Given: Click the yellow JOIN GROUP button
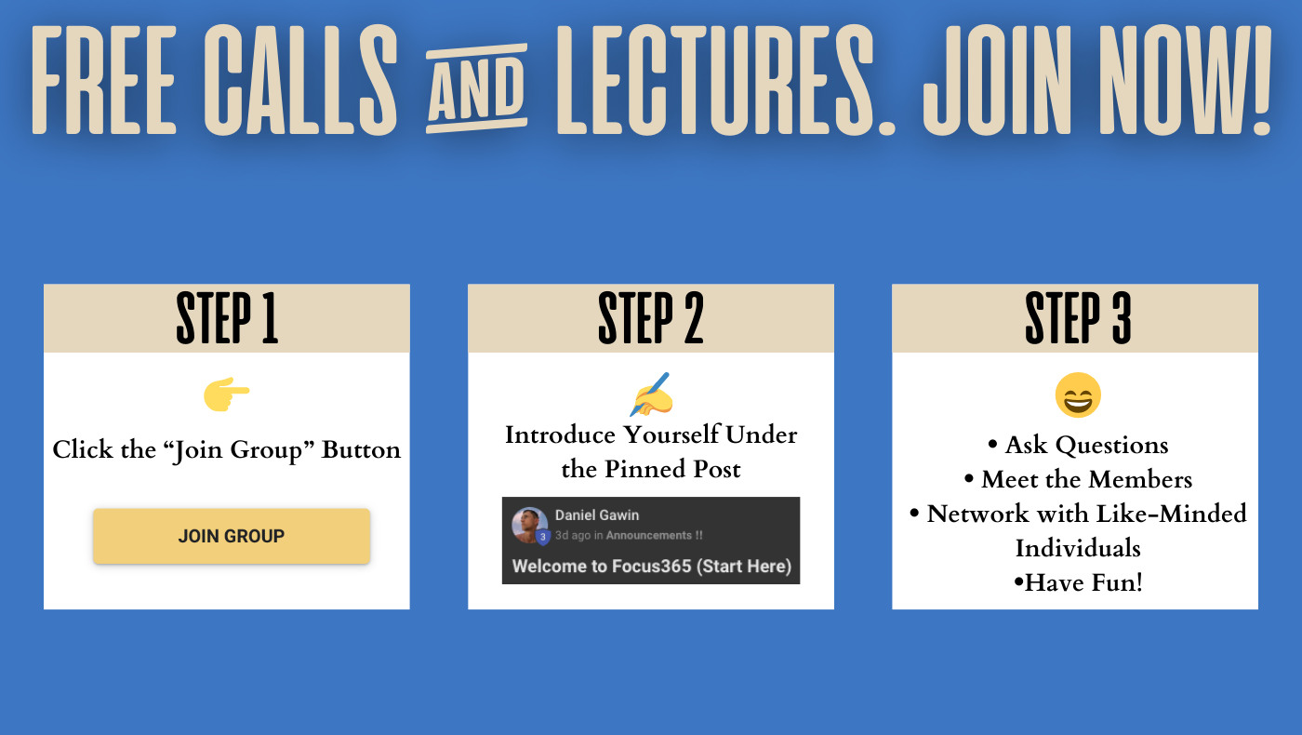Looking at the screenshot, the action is tap(232, 536).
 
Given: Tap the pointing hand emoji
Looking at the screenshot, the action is tap(226, 394).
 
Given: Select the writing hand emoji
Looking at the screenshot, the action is tap(652, 394).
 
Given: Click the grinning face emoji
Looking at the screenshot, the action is tap(1078, 395).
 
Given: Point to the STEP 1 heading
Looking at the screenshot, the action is tap(227, 318).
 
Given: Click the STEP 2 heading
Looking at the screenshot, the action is tap(651, 318).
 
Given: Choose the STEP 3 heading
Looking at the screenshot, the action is tap(1078, 318).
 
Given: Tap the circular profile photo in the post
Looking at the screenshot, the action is tap(529, 525).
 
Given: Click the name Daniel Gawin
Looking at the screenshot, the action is tap(597, 515).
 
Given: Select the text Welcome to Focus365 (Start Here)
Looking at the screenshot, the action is tap(652, 566).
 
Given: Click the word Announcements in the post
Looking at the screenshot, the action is tap(649, 535).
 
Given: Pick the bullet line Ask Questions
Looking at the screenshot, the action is tap(1078, 445).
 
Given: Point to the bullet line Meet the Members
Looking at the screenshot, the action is tap(1078, 479).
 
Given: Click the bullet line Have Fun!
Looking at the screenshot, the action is tap(1078, 582).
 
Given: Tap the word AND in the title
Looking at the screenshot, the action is tap(476, 88).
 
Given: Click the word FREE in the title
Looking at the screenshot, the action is tap(103, 80).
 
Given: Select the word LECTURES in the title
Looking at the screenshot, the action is tap(715, 80).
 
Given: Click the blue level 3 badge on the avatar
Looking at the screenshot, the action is tap(543, 537).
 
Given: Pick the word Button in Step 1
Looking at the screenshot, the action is tap(361, 449).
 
